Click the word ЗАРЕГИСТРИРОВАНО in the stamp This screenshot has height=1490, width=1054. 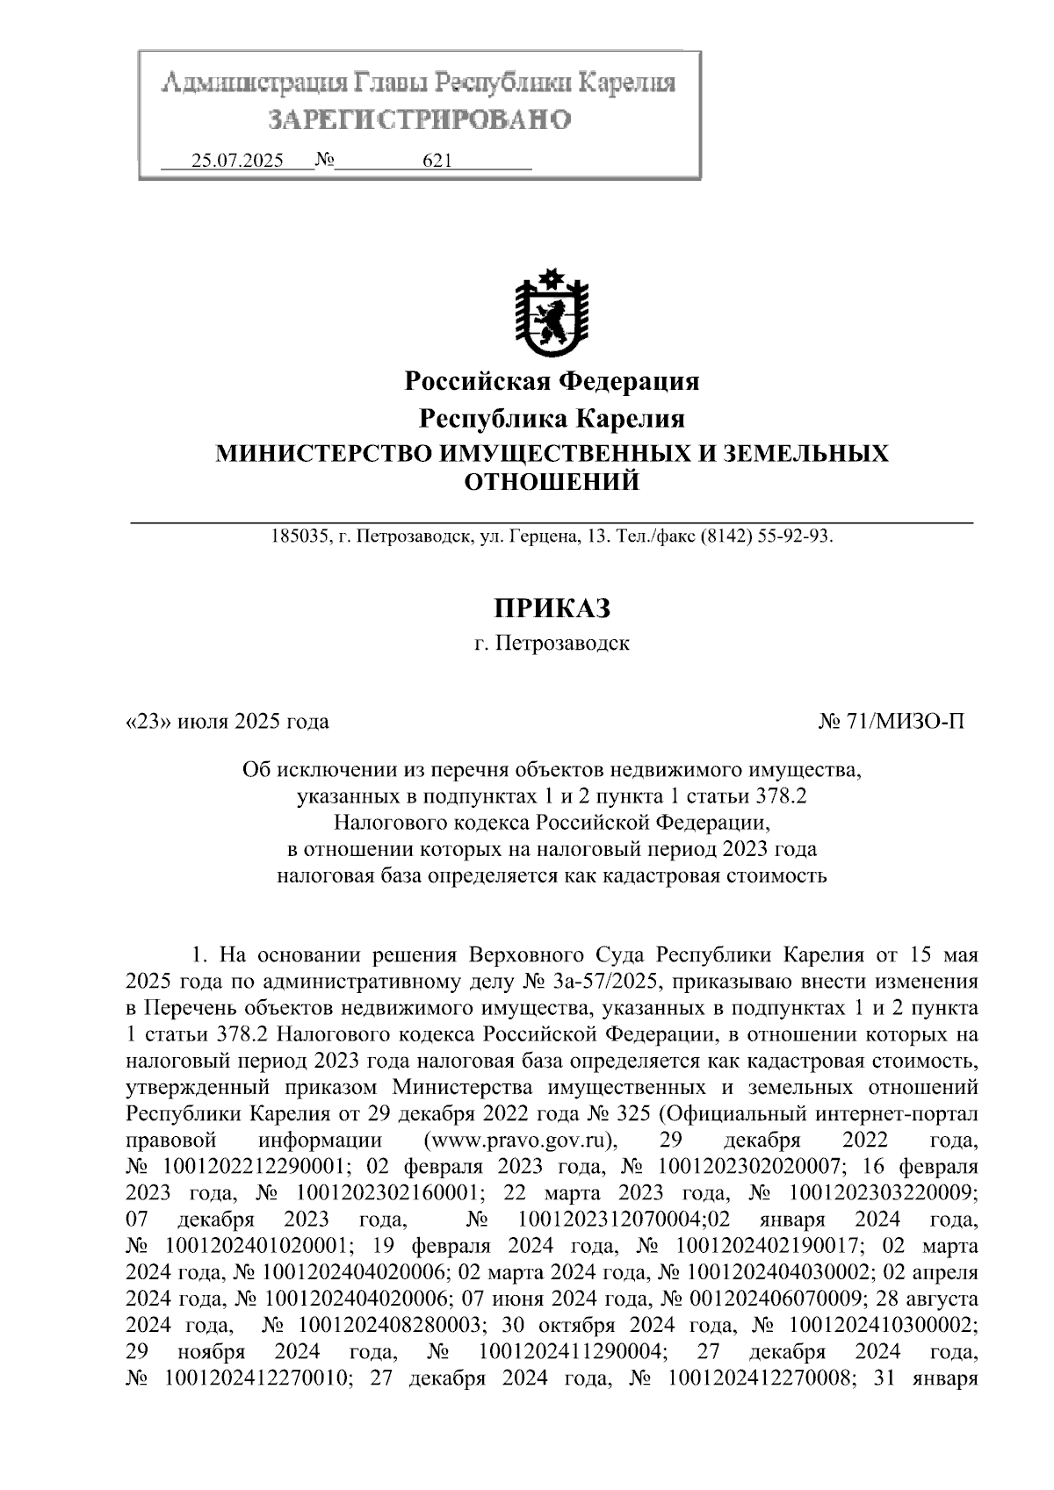(419, 119)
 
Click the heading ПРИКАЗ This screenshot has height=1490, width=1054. (551, 608)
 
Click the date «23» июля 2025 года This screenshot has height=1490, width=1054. (227, 722)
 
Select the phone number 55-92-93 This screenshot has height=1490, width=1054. (798, 536)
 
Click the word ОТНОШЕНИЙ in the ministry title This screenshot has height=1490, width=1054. (551, 482)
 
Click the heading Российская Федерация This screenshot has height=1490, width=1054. (551, 381)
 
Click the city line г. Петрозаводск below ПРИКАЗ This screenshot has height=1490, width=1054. (551, 644)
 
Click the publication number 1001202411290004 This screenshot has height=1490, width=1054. (571, 1350)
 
